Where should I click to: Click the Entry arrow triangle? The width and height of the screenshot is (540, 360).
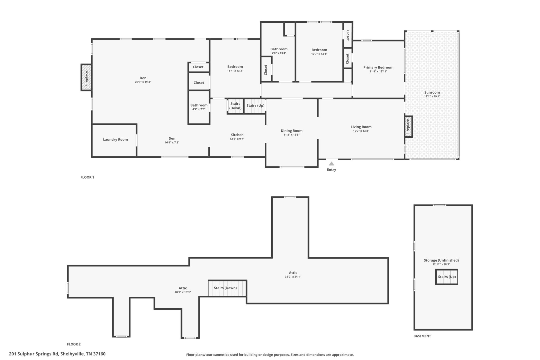331,164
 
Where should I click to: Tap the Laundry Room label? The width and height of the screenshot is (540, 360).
115,140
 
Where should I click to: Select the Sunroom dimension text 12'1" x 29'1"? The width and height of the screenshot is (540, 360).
432,97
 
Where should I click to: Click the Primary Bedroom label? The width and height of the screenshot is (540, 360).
378,68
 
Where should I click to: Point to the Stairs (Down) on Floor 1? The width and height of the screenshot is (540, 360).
235,106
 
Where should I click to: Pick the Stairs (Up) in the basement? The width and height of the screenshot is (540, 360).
446,277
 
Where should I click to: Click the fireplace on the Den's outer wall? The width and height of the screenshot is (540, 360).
86,78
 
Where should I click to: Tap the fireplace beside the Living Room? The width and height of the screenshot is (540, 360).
408,127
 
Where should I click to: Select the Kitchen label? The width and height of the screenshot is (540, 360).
237,135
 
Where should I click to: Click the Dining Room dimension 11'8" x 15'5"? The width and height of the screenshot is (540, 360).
292,135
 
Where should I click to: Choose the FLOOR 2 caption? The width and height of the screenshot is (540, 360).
74,344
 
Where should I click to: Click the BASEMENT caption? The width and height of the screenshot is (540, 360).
422,336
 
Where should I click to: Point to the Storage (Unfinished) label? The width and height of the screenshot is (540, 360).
441,260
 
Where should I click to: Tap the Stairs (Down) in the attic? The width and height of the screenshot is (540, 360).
228,288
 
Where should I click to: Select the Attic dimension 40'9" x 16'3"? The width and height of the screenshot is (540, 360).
183,292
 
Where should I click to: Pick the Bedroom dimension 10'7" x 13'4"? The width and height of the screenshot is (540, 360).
319,54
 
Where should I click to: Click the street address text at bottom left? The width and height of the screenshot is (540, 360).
57,354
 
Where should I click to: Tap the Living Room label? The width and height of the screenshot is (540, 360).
361,127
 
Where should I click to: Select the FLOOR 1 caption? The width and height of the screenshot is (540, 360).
87,177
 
